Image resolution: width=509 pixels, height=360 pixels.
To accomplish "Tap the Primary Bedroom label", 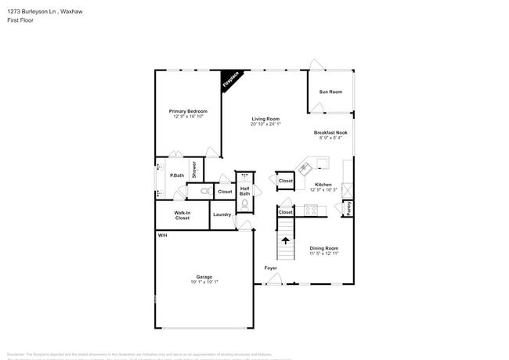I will [x=189, y=111].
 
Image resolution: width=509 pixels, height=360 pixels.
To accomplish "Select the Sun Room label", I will [x=330, y=92].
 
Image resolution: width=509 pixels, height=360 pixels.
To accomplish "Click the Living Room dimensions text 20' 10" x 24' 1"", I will [x=265, y=124].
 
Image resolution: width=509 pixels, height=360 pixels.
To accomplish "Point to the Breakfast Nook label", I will [x=330, y=132].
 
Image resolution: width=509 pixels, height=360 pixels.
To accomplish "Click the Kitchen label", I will [x=323, y=185].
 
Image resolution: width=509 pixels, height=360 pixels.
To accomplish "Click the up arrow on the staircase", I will [x=285, y=241].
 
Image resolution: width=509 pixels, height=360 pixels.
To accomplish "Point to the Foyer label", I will [x=270, y=268].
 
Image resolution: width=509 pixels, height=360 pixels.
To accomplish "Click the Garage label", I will [x=204, y=276].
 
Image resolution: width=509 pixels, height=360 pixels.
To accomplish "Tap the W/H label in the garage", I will [x=162, y=236].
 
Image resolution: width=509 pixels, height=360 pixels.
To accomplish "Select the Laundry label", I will [x=222, y=214].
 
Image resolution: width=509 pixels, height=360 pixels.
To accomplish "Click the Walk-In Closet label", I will [x=182, y=214].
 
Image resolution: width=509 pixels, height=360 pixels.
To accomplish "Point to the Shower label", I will [x=194, y=169].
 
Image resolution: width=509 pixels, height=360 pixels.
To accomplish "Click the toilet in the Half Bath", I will [x=244, y=204].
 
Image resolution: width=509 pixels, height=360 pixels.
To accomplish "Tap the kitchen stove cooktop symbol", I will [x=311, y=210].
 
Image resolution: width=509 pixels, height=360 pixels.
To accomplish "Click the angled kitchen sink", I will [x=305, y=167].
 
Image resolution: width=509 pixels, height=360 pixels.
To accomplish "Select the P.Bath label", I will [x=177, y=175].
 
